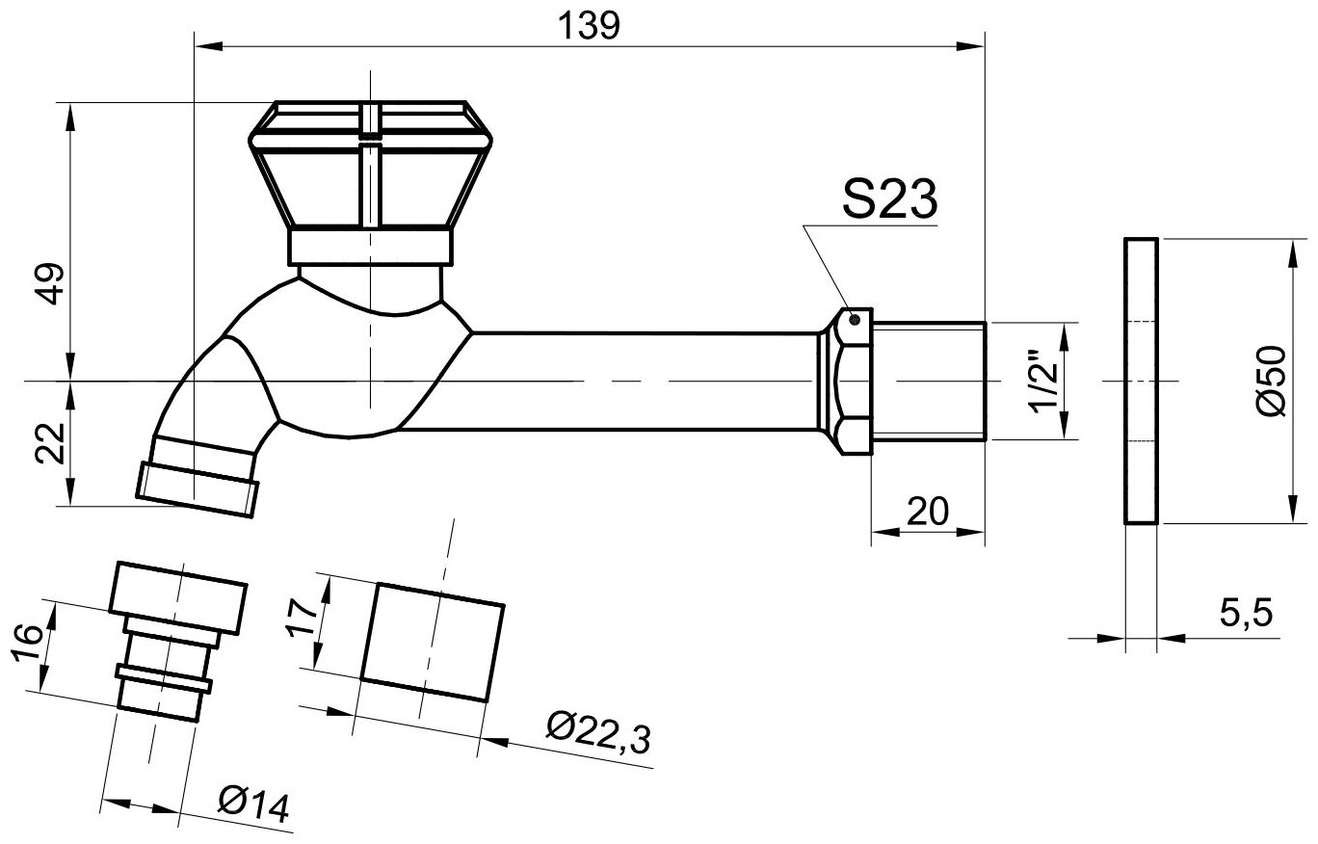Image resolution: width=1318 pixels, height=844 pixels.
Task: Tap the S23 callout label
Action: [889, 200]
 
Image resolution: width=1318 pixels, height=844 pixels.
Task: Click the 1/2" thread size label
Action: [1044, 381]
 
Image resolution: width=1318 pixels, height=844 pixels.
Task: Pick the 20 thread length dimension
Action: [928, 510]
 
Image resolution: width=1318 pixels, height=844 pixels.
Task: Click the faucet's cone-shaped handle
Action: [369, 178]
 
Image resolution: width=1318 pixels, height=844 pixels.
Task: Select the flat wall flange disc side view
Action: [1141, 381]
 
